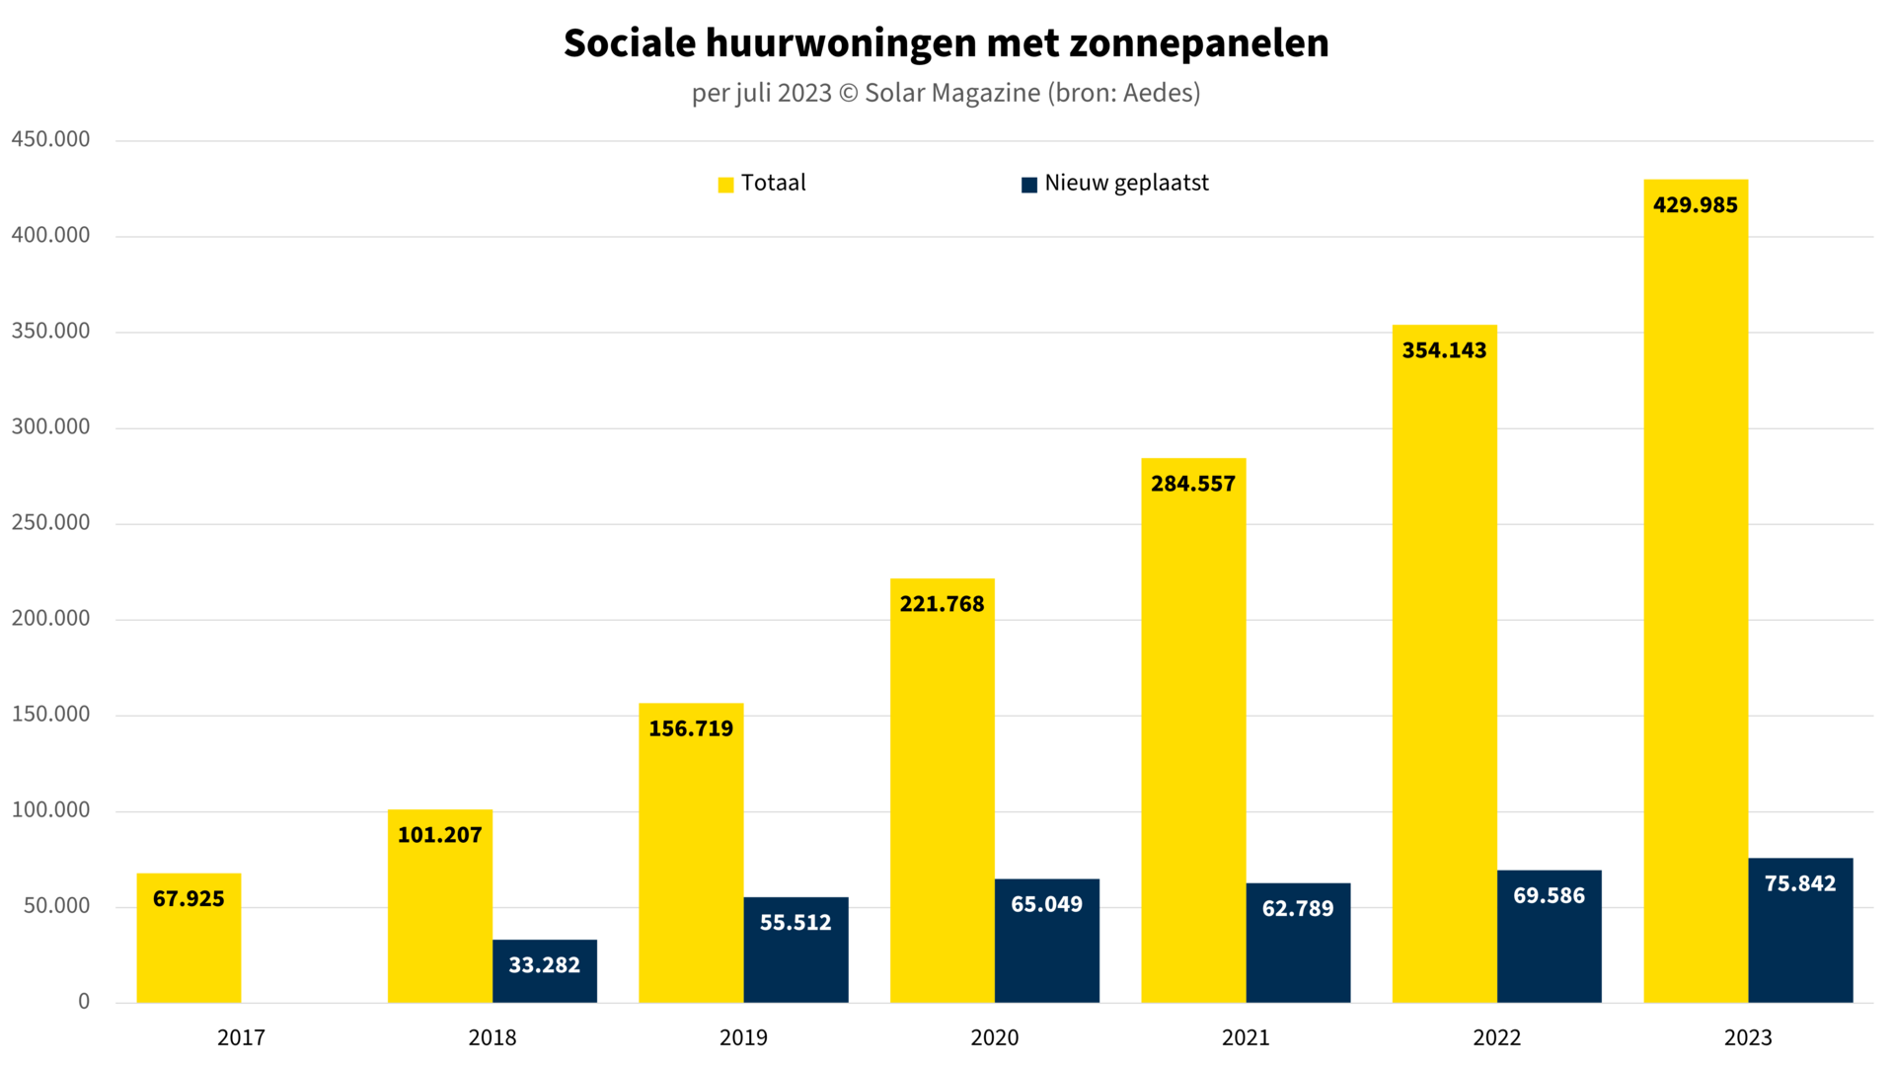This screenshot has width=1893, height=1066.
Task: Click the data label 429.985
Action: tap(1695, 205)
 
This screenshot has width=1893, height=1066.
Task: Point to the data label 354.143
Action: tap(1444, 350)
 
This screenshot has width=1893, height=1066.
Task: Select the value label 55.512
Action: tap(795, 923)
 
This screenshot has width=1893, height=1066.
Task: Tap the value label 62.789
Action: tap(1297, 908)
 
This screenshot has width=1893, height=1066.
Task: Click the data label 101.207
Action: tap(439, 835)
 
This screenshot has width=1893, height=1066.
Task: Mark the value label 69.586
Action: tap(1549, 896)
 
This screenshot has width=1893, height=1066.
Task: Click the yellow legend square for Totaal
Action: tap(725, 185)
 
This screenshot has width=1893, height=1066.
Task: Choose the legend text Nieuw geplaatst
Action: tap(1126, 184)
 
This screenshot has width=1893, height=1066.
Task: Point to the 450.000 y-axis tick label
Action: tap(50, 139)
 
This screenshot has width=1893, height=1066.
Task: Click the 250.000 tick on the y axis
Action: tap(50, 522)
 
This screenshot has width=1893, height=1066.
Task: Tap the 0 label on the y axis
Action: tap(84, 1002)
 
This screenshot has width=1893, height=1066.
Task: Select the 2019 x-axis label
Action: tap(743, 1037)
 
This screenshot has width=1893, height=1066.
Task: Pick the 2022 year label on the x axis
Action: tap(1496, 1037)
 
